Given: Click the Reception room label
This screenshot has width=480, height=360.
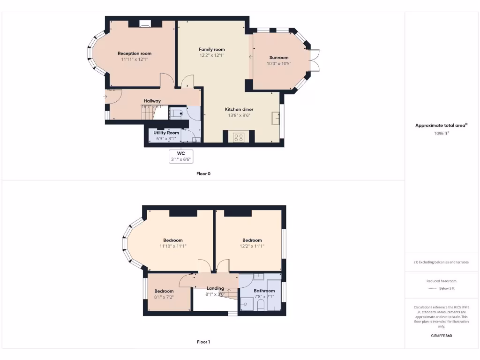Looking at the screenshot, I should pos(135,53).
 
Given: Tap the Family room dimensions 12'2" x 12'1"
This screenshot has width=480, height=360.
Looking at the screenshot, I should pos(211,55).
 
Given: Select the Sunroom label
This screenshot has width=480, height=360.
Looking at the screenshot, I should pos(278,58).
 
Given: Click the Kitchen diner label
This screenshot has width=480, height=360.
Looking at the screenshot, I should pos(239,109).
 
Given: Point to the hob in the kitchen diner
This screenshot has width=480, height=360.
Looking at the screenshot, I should pos(239,137).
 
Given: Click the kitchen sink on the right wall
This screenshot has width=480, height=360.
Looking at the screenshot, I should pos(276,119).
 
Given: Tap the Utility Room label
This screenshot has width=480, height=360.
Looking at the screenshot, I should pos(166,133).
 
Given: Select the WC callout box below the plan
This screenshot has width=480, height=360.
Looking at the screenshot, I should pos(181,156).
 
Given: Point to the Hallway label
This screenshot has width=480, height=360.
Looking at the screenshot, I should pos(152,101).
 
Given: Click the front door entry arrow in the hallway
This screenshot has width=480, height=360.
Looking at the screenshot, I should pos(106,97).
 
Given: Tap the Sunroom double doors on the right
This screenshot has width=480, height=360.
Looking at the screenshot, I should pos(316,60).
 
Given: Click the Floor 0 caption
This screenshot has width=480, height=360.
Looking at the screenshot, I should pos(203,173).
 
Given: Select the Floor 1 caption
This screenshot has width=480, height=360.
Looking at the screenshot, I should pos(203,342).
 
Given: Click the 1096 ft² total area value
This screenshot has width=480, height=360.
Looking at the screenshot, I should pos(441,133).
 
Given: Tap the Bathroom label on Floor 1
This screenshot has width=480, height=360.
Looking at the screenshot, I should pos(264,291).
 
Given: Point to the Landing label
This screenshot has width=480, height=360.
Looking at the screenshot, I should pos(215,288).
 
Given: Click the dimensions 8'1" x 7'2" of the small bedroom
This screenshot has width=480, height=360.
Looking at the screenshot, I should pos(164,297).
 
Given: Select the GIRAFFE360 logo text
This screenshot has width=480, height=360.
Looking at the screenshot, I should pos(441,336).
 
